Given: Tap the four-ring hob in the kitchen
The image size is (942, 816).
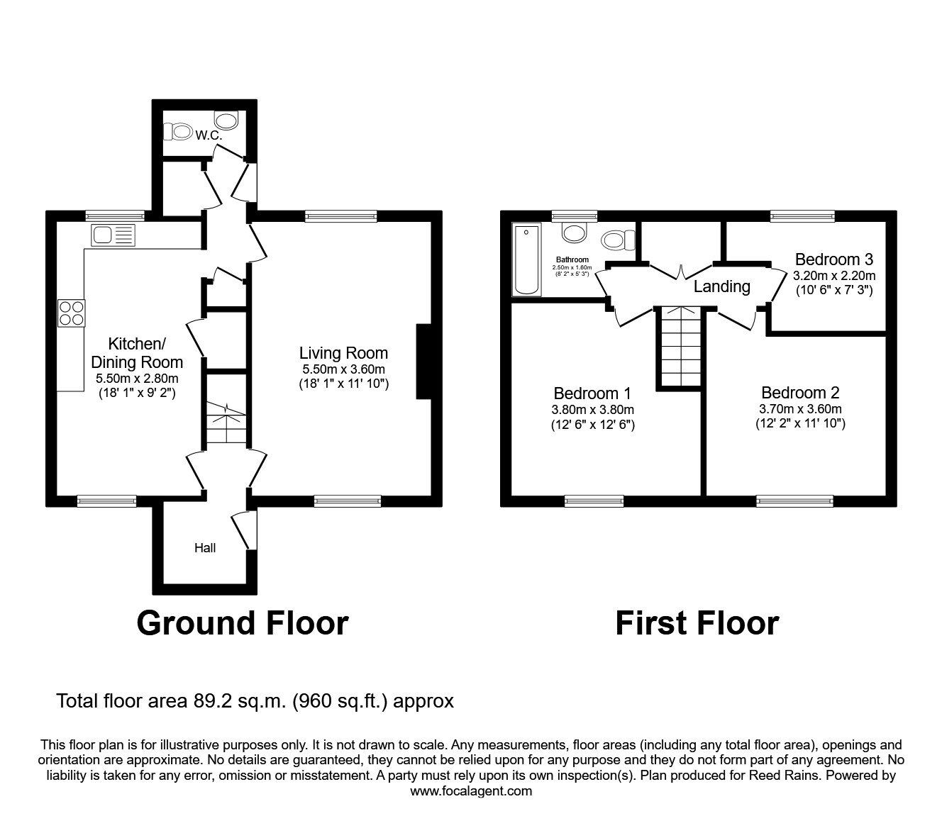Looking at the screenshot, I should pyautogui.click(x=71, y=313).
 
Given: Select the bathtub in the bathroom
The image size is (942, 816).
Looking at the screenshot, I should pyautogui.click(x=526, y=259).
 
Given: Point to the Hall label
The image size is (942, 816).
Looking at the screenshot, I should pyautogui.click(x=206, y=548).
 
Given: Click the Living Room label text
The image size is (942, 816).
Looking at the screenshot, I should pyautogui.click(x=343, y=353).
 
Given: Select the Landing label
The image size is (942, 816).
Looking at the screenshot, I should pyautogui.click(x=721, y=286).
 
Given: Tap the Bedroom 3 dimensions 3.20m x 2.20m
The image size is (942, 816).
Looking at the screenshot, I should pyautogui.click(x=833, y=276).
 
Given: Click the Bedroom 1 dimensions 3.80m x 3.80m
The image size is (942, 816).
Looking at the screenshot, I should pyautogui.click(x=592, y=410).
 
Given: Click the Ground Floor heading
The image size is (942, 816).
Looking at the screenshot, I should pyautogui.click(x=242, y=623).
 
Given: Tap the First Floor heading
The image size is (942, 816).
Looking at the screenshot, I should pyautogui.click(x=697, y=623).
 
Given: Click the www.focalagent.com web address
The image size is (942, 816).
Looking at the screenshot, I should pyautogui.click(x=471, y=791).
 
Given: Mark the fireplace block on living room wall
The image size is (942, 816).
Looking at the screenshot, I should pyautogui.click(x=423, y=362).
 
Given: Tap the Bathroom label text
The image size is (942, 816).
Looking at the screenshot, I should pyautogui.click(x=572, y=260).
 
